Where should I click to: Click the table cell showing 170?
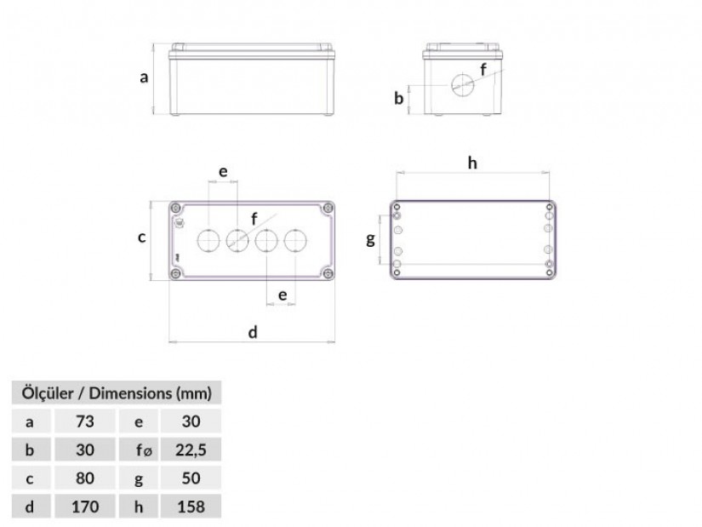tap(85, 507)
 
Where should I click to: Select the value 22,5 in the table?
tap(191, 450)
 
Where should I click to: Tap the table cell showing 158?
tap(191, 507)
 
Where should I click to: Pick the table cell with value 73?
tap(85, 421)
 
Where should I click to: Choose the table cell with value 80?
tap(85, 478)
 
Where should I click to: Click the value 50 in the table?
tap(191, 478)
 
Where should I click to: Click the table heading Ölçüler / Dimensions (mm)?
tap(117, 393)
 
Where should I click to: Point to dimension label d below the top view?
tap(253, 333)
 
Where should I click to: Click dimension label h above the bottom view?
tap(472, 163)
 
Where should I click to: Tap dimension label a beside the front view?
tap(144, 77)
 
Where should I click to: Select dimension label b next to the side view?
tap(398, 98)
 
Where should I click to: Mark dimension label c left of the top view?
tap(141, 237)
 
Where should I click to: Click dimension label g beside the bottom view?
tap(370, 239)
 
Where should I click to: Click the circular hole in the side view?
tap(463, 85)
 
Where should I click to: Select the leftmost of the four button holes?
tap(208, 241)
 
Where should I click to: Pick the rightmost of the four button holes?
tap(295, 241)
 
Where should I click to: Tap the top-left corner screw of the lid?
tap(176, 209)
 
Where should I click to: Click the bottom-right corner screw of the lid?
tap(328, 273)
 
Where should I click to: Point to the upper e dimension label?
tap(223, 172)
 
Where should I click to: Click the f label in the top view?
tap(254, 219)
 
